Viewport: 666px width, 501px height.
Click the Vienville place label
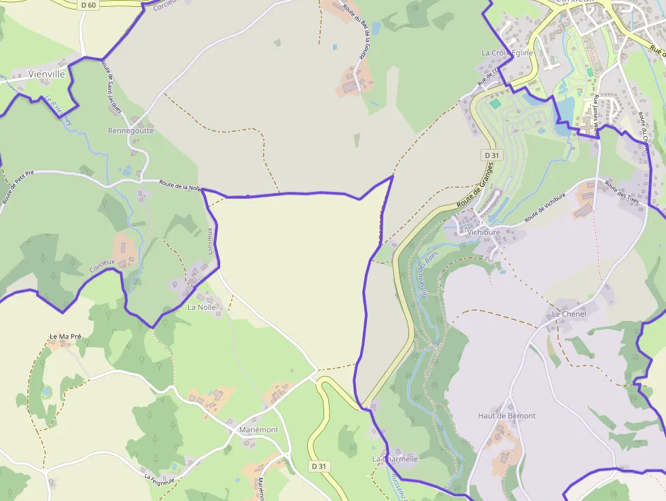click(46, 74)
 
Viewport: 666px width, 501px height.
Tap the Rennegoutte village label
click(130, 131)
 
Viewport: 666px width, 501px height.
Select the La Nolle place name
click(201, 307)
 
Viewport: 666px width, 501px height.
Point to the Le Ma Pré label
click(65, 336)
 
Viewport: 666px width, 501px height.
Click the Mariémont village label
click(258, 430)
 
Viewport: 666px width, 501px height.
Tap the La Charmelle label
click(395, 459)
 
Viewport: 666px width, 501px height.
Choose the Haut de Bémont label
click(506, 415)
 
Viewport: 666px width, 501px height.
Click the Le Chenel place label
click(569, 314)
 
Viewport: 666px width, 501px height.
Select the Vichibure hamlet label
click(483, 232)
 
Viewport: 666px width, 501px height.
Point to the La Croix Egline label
click(507, 52)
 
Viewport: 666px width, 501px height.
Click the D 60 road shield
click(88, 5)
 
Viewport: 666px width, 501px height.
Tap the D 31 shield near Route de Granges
click(492, 155)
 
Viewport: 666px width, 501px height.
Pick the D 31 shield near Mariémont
click(319, 466)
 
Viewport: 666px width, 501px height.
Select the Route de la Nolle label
click(181, 185)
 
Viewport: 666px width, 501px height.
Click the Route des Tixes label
click(624, 196)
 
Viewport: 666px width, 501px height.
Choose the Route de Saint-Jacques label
click(111, 86)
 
